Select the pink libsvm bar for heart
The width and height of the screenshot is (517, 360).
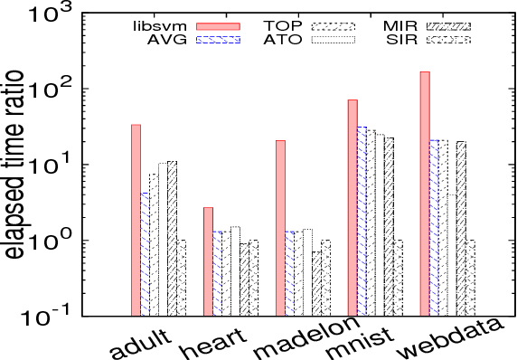pos(208,261)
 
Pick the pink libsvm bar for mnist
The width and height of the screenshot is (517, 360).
pos(352,207)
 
